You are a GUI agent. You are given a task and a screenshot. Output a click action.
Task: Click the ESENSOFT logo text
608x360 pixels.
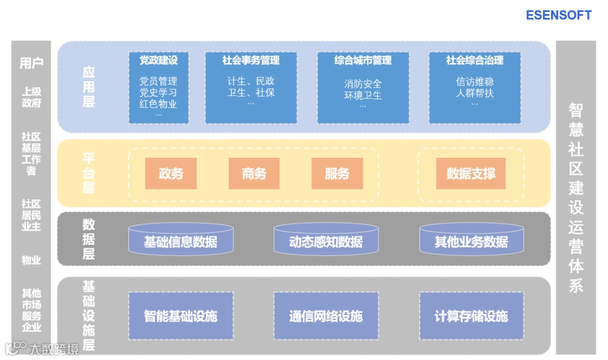pos(558,15)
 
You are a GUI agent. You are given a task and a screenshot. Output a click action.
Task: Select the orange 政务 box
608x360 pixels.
pos(171,174)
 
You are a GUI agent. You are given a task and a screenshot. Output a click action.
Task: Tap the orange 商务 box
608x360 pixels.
pos(254,174)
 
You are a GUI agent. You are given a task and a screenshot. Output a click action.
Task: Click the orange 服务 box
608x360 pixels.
pos(337,174)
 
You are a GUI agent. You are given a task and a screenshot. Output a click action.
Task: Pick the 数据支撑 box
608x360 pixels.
pos(471,174)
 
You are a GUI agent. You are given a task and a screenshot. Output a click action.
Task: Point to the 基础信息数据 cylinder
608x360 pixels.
pos(181,242)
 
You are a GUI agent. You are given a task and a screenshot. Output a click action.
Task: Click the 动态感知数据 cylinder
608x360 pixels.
pos(326,242)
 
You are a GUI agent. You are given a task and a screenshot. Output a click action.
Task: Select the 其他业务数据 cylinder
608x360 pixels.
pos(471,242)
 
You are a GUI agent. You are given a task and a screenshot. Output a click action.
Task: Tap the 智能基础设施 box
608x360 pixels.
pos(181,316)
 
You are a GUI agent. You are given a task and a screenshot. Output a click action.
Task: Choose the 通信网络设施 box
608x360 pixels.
pos(326,316)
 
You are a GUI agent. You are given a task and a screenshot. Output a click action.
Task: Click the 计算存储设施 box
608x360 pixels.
pos(471,316)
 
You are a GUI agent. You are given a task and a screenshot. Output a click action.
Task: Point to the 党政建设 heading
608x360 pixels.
pos(158,60)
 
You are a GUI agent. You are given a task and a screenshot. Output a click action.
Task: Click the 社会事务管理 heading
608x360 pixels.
pos(251,60)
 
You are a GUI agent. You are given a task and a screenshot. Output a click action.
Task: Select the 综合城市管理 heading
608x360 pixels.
pos(363,60)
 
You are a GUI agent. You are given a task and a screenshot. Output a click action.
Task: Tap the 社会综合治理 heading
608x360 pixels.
pos(475,60)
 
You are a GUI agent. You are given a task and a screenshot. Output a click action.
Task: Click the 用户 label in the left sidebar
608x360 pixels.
pos(32,63)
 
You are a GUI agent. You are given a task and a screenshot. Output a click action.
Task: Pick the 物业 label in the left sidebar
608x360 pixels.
pos(32,260)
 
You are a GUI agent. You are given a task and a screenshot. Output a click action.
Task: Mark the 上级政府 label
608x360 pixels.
pos(32,97)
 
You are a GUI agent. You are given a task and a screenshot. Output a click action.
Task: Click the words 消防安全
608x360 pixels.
pos(363,84)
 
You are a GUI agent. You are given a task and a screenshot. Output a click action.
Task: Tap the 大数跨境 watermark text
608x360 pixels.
pos(54,349)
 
